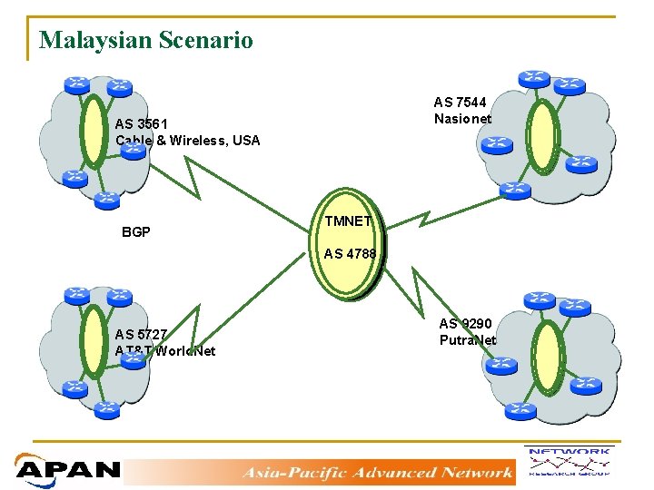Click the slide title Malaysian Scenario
tap(146, 40)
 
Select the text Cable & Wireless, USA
tap(188, 141)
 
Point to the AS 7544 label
tap(460, 103)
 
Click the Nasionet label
tap(462, 119)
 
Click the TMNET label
tap(350, 220)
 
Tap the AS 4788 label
tap(350, 254)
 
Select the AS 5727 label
tap(141, 334)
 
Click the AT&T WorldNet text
tap(165, 351)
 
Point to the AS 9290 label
tap(465, 323)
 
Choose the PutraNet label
tap(468, 340)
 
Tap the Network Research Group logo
tap(568, 461)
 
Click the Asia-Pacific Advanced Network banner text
tap(377, 472)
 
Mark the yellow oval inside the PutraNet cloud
tap(547, 356)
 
